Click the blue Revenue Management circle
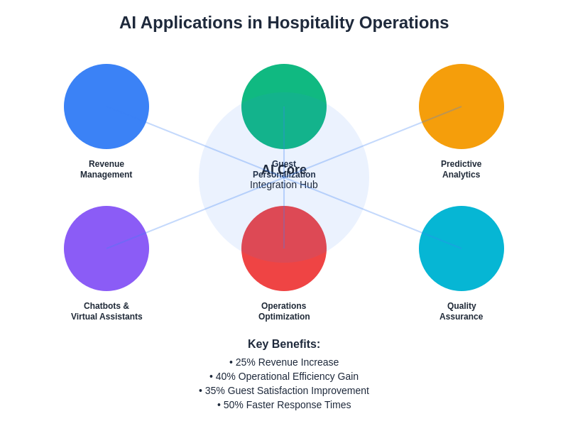(x=106, y=106)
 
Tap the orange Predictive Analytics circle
(x=461, y=106)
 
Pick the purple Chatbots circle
(x=106, y=248)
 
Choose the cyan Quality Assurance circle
(x=461, y=248)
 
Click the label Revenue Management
(x=106, y=169)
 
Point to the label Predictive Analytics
(x=461, y=169)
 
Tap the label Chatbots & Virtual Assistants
(x=106, y=311)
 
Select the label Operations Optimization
(x=284, y=311)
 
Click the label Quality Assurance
(x=461, y=311)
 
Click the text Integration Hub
(x=284, y=185)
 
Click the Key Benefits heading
(x=284, y=344)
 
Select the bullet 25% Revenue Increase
(x=284, y=362)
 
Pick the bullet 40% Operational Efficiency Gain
(x=284, y=376)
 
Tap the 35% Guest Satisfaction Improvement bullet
(x=284, y=390)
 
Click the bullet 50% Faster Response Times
(x=284, y=405)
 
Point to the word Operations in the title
(x=404, y=23)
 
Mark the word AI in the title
(x=128, y=23)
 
